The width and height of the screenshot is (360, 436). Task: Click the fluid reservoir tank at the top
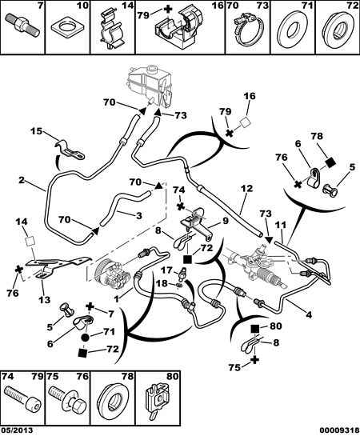[x=150, y=86]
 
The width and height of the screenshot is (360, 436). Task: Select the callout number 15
[x=36, y=131]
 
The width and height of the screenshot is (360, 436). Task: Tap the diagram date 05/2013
[x=17, y=430]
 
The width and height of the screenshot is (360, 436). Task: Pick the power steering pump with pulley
[x=112, y=276]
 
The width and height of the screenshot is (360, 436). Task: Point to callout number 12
[x=246, y=189]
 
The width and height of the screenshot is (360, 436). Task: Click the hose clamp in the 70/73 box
[x=247, y=30]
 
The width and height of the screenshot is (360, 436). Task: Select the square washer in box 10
[x=67, y=28]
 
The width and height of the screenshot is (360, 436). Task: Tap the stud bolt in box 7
[x=22, y=26]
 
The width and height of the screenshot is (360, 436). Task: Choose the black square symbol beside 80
[x=255, y=329]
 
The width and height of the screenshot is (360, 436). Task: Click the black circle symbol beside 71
[x=86, y=338]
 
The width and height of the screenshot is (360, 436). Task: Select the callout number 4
[x=309, y=314]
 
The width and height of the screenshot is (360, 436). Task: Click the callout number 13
[x=44, y=299]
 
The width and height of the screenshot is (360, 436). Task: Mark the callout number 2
[x=22, y=180]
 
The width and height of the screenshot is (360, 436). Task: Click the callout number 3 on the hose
[x=138, y=215]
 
